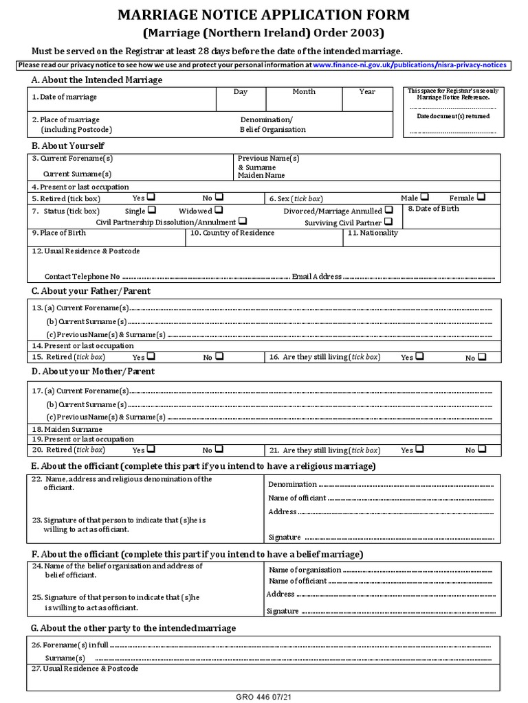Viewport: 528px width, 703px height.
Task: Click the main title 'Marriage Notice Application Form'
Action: pyautogui.click(x=264, y=15)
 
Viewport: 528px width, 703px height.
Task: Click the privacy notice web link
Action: pyautogui.click(x=410, y=65)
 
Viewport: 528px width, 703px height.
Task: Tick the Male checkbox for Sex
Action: pyautogui.click(x=425, y=197)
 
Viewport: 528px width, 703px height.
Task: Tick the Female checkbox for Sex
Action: pyautogui.click(x=481, y=197)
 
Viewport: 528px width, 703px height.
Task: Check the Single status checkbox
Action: pyautogui.click(x=151, y=210)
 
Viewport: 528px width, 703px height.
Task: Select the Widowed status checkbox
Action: pyautogui.click(x=218, y=210)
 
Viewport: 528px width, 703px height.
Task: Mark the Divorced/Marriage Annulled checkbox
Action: pyautogui.click(x=389, y=210)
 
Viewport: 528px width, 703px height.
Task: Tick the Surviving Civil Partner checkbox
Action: pyautogui.click(x=389, y=222)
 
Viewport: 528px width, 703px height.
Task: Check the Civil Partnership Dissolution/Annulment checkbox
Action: pyautogui.click(x=243, y=222)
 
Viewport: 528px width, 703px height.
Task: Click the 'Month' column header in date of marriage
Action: pyautogui.click(x=304, y=91)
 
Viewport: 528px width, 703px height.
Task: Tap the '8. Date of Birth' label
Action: pyautogui.click(x=433, y=209)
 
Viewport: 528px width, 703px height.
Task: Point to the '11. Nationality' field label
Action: pyautogui.click(x=373, y=233)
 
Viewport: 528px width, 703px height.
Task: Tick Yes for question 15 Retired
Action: pyautogui.click(x=151, y=356)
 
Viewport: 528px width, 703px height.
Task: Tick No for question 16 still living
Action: pyautogui.click(x=482, y=357)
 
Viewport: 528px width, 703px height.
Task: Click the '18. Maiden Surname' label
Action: pyautogui.click(x=62, y=428)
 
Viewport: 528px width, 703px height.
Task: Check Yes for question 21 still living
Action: pyautogui.click(x=419, y=449)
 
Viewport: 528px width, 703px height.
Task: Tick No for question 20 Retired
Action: pyautogui.click(x=219, y=449)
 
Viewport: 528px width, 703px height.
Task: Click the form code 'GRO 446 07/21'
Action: pyautogui.click(x=264, y=698)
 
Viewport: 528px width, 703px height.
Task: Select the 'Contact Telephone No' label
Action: pyautogui.click(x=82, y=276)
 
